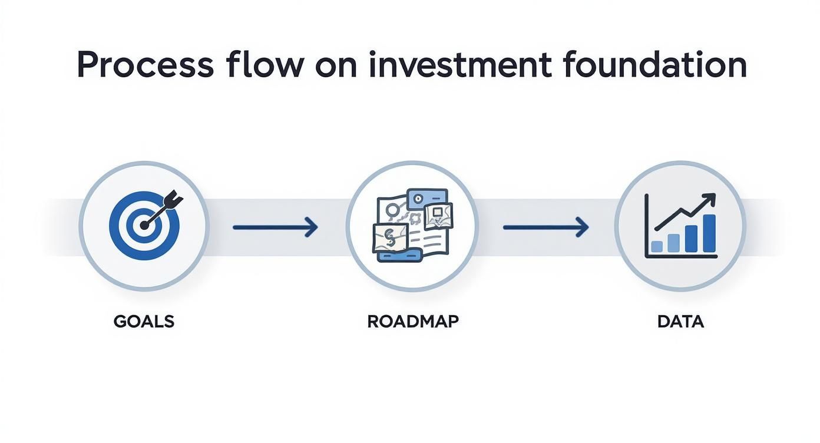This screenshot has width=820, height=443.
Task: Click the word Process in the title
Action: (x=145, y=66)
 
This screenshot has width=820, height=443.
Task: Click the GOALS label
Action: (x=144, y=322)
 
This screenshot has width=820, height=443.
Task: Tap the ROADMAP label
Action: (x=412, y=322)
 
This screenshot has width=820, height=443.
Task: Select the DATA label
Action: (x=680, y=322)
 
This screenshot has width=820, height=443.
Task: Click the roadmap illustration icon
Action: (x=412, y=226)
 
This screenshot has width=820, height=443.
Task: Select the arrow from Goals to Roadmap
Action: (x=275, y=226)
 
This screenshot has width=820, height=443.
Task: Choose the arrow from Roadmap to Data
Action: (x=545, y=226)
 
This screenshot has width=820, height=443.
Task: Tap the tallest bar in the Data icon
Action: (x=709, y=233)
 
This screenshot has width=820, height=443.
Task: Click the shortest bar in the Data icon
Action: (x=657, y=246)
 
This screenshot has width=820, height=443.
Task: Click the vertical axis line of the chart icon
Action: (x=647, y=225)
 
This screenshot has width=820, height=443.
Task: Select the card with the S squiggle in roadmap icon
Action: (x=389, y=238)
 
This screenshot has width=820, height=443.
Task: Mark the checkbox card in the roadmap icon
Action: (x=438, y=214)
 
